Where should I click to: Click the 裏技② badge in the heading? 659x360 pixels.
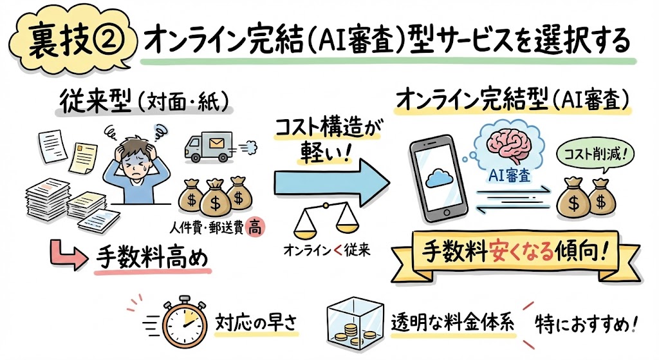tap(68, 40)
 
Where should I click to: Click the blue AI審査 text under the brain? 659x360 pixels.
tap(507, 175)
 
